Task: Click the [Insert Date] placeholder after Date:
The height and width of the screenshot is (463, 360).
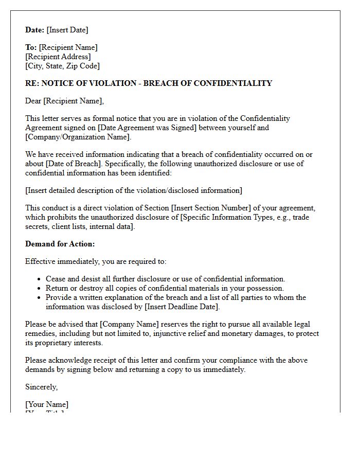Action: [67, 30]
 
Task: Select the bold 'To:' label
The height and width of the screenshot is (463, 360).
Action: [31, 47]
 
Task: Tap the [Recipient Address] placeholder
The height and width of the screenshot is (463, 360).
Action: [58, 57]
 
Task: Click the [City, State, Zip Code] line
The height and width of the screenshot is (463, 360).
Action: [62, 66]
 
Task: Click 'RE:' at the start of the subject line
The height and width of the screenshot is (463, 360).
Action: [32, 83]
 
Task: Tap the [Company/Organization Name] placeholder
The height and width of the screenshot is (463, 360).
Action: [78, 137]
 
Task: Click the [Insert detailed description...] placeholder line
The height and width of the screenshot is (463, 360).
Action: [134, 190]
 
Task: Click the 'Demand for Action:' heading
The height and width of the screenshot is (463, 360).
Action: [60, 244]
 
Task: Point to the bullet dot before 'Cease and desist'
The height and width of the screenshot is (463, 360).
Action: [40, 279]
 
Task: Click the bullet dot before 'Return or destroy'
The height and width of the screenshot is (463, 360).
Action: [40, 289]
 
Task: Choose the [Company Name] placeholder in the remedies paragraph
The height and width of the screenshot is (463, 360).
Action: [130, 324]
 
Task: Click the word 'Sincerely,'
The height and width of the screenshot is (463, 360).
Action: [42, 387]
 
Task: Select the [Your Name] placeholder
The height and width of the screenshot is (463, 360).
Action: [47, 404]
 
